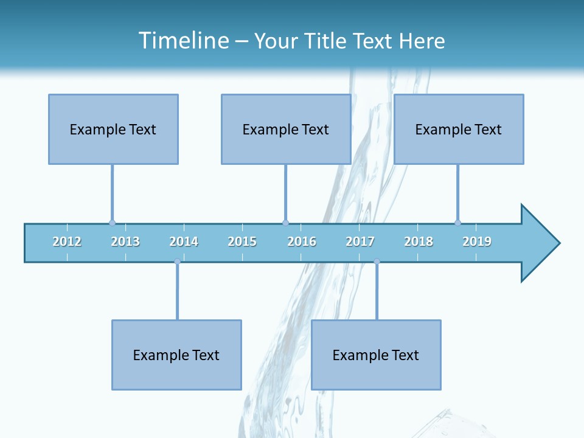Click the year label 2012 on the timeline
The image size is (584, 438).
(x=67, y=242)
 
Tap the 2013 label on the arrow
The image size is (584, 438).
(x=125, y=242)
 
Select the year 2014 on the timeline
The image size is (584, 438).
(x=184, y=242)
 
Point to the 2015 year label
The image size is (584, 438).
(x=242, y=242)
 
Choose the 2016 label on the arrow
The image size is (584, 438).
(x=302, y=242)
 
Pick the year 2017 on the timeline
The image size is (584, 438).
(x=360, y=242)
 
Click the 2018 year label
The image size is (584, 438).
(x=419, y=242)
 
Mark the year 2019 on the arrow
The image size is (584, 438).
(x=477, y=242)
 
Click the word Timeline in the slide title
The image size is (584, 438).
(x=182, y=41)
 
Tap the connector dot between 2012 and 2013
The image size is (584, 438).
(x=112, y=223)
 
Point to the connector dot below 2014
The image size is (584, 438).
(x=177, y=262)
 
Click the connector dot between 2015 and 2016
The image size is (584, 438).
(x=285, y=223)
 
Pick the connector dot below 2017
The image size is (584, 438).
(x=377, y=262)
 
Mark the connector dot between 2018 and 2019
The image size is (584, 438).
(x=457, y=223)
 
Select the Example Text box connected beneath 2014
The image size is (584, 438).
(x=176, y=355)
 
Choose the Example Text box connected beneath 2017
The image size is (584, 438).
(x=376, y=355)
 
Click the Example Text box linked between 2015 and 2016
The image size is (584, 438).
(x=286, y=129)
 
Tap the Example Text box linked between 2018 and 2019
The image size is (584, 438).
(x=459, y=129)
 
